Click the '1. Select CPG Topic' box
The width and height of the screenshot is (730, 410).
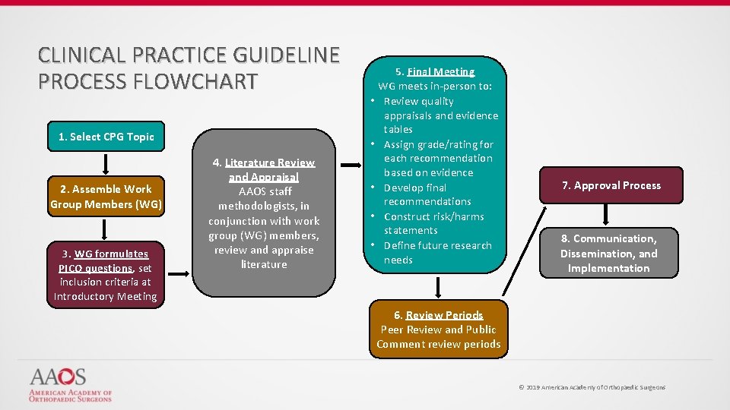coord(106,137)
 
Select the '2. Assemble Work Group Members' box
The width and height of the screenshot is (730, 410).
coord(106,197)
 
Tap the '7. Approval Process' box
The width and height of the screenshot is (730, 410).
coord(611,185)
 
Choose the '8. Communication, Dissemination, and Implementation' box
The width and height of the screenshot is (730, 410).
coord(608,253)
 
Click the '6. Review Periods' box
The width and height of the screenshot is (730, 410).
coord(439,330)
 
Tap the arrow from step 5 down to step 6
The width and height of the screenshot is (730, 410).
coord(439,287)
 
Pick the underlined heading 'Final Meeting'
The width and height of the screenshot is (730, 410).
coord(440,71)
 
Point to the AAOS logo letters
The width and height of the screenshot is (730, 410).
coord(58,377)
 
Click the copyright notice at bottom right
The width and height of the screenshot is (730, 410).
coord(592,387)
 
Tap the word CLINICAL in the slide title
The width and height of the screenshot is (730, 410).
coord(83,55)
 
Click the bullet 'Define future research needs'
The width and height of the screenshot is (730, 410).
coord(437,252)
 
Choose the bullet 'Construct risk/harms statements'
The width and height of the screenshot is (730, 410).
coord(433,223)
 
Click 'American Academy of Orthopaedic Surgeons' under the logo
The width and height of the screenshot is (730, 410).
coord(70,395)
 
